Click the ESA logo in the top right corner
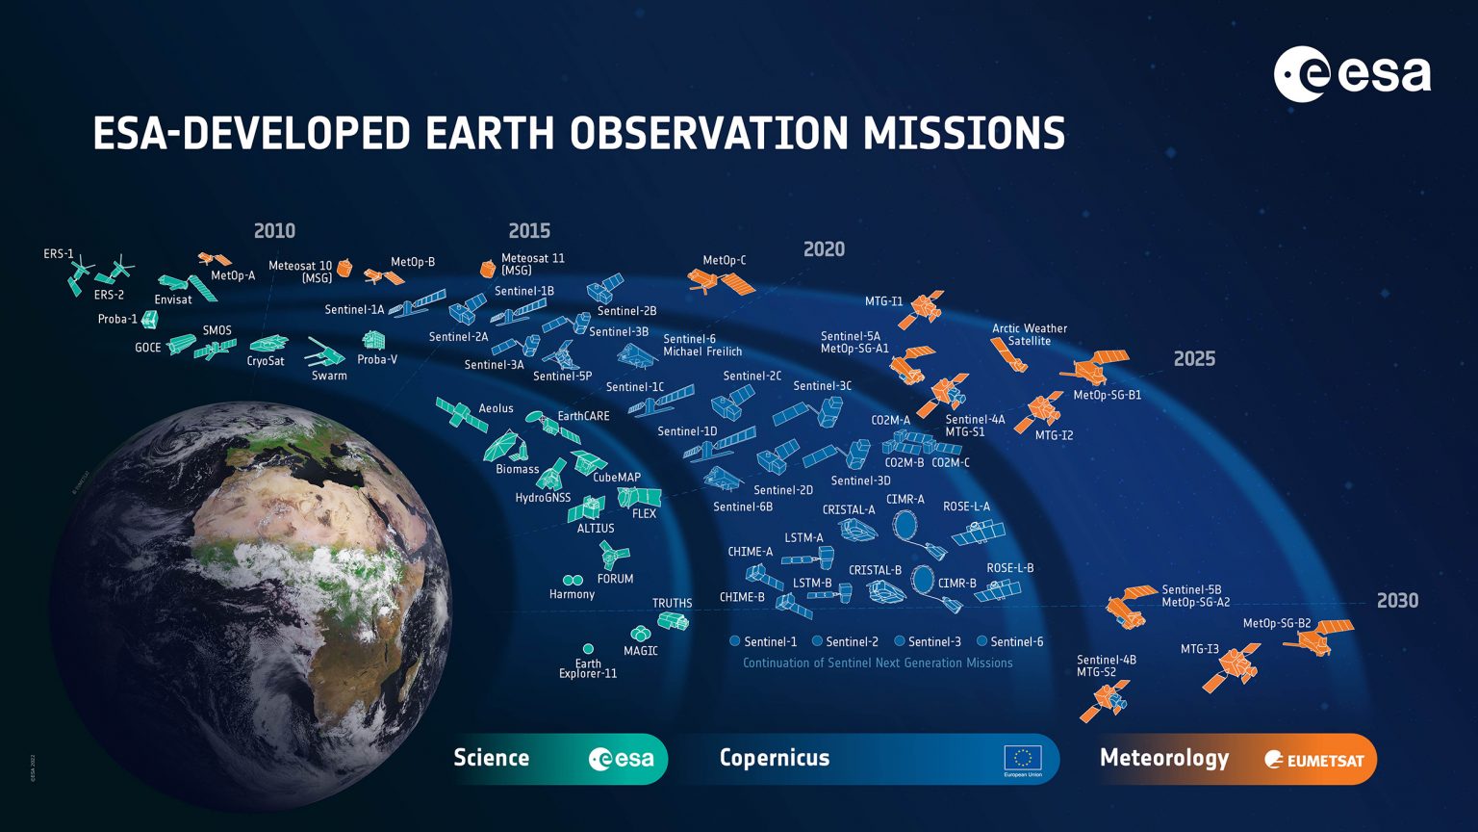(x=1352, y=74)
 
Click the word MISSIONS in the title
(x=963, y=134)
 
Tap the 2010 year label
(x=274, y=231)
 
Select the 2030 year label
(x=1397, y=601)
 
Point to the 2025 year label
(x=1194, y=359)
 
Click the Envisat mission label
(x=173, y=299)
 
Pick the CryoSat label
(x=266, y=361)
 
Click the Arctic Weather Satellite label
(x=1030, y=334)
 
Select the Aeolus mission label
(x=497, y=408)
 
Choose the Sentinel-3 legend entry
(x=928, y=641)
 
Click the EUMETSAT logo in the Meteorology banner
(x=1314, y=760)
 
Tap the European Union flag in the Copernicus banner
(x=1022, y=759)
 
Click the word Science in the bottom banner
(x=491, y=758)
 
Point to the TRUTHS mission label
(x=672, y=604)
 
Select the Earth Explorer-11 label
(x=588, y=668)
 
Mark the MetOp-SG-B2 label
(x=1276, y=623)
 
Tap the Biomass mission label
(x=517, y=469)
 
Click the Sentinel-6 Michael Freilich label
(x=702, y=345)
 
